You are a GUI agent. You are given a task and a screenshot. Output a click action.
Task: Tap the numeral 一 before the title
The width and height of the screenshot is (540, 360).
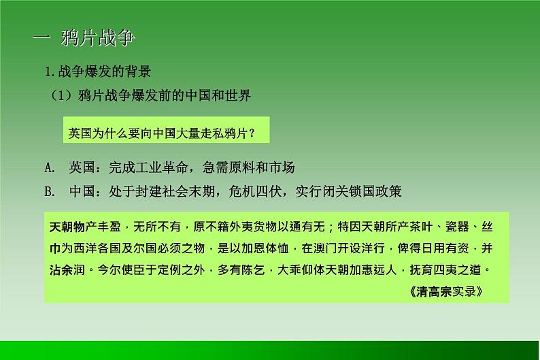tap(42, 39)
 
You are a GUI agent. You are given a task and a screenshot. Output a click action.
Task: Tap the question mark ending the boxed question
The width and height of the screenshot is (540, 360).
tap(252, 131)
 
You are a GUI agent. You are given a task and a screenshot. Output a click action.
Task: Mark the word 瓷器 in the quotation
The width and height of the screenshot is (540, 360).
tap(460, 226)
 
